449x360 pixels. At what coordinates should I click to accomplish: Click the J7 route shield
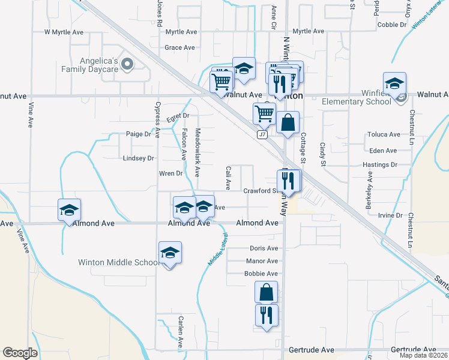click(x=262, y=135)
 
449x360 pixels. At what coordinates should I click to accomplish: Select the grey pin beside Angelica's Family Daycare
click(x=127, y=64)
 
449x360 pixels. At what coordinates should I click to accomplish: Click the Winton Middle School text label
click(x=119, y=262)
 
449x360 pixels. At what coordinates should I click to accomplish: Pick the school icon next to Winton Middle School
click(x=170, y=254)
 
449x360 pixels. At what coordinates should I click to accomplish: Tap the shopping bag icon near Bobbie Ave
click(x=266, y=293)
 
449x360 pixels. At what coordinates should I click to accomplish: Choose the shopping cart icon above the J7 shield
click(x=264, y=113)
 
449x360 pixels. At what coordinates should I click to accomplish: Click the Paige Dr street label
click(x=138, y=134)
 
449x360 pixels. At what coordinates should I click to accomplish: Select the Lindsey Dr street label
click(x=138, y=158)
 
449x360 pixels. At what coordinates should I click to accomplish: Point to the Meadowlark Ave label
click(x=197, y=152)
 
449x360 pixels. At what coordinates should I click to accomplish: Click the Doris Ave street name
click(x=264, y=248)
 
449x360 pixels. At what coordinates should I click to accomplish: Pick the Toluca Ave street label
click(x=384, y=135)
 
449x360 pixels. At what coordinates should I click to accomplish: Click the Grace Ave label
click(x=180, y=47)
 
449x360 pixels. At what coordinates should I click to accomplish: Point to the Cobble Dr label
click(x=393, y=25)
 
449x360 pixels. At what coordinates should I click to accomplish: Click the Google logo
click(x=20, y=353)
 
